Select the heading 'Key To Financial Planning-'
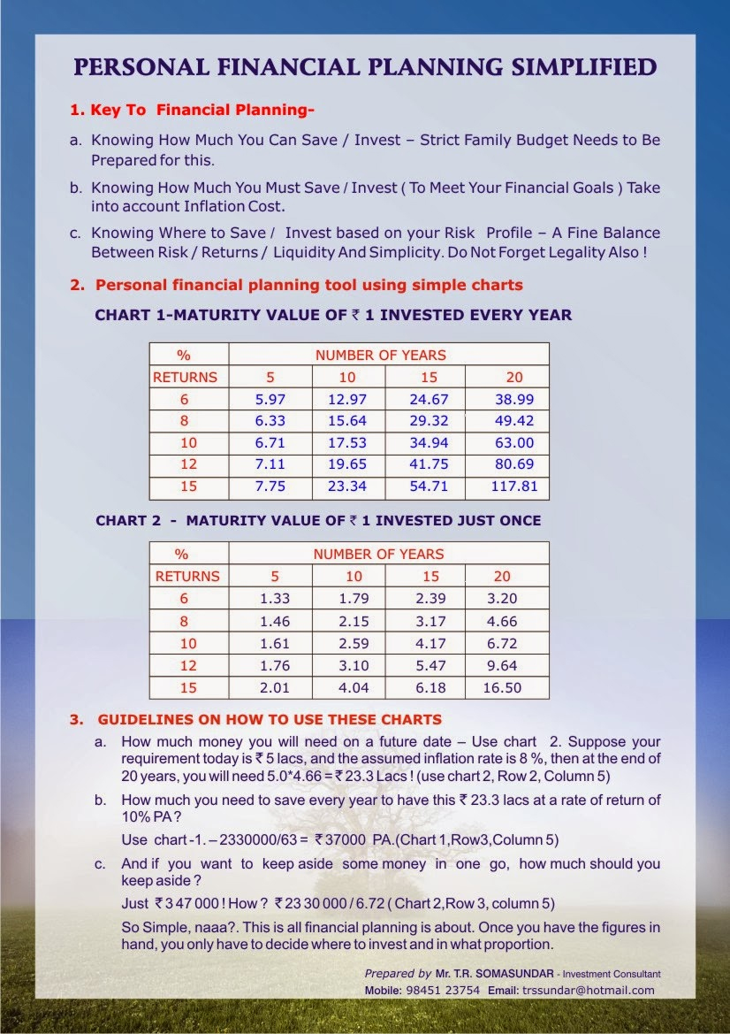pyautogui.click(x=192, y=111)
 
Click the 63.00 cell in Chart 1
pyautogui.click(x=513, y=443)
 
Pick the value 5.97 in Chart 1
pyautogui.click(x=270, y=399)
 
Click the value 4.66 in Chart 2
pyautogui.click(x=502, y=622)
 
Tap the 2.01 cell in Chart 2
pyautogui.click(x=275, y=688)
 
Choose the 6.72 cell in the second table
pyautogui.click(x=502, y=644)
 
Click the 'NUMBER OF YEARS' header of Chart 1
pyautogui.click(x=381, y=355)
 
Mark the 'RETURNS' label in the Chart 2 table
pyautogui.click(x=187, y=577)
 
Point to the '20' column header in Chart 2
pyautogui.click(x=502, y=577)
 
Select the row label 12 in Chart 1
pyautogui.click(x=184, y=465)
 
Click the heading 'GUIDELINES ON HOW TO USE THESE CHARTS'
pyautogui.click(x=270, y=719)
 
